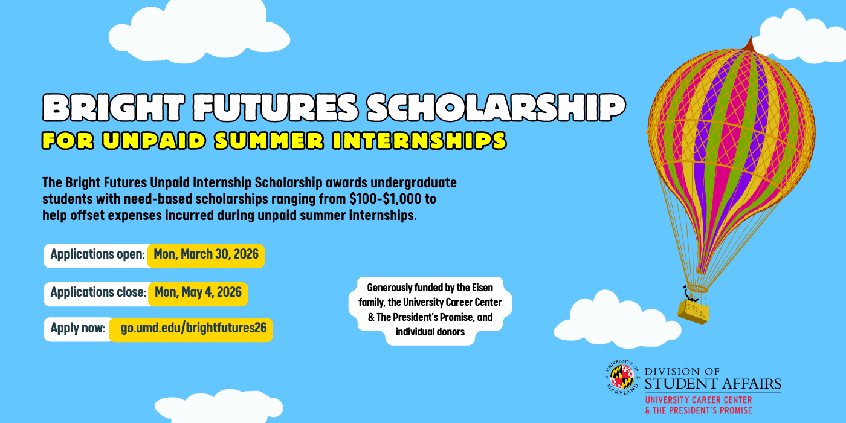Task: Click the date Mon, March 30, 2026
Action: pyautogui.click(x=206, y=254)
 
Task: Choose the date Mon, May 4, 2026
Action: pyautogui.click(x=198, y=292)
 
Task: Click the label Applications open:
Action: pyautogui.click(x=97, y=254)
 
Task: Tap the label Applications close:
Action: pyautogui.click(x=98, y=292)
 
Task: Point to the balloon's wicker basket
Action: pyautogui.click(x=694, y=312)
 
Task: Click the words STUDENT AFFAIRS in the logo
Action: pyautogui.click(x=713, y=384)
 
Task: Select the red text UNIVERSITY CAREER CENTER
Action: pyautogui.click(x=698, y=400)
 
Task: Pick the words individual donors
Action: pyautogui.click(x=430, y=332)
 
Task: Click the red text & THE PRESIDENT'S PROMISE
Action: pyautogui.click(x=698, y=410)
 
